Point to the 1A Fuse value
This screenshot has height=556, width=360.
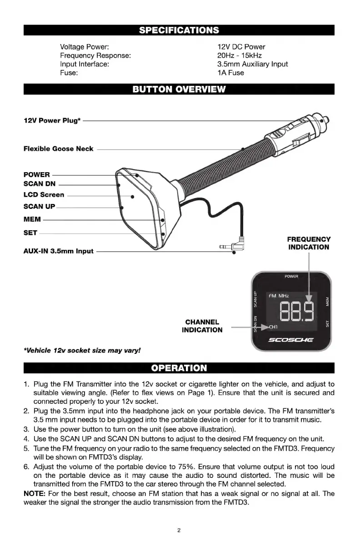(x=230, y=73)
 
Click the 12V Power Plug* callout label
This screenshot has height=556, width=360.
(x=52, y=120)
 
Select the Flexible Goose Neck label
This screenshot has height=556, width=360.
(x=58, y=149)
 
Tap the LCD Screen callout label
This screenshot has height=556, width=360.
(x=44, y=195)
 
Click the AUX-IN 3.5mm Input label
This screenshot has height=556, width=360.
(x=58, y=251)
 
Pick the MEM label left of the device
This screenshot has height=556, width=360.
(x=32, y=219)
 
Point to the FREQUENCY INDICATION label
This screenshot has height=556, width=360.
(x=309, y=243)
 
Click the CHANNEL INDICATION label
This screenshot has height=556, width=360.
(x=202, y=326)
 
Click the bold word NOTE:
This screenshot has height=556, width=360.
(x=33, y=493)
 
